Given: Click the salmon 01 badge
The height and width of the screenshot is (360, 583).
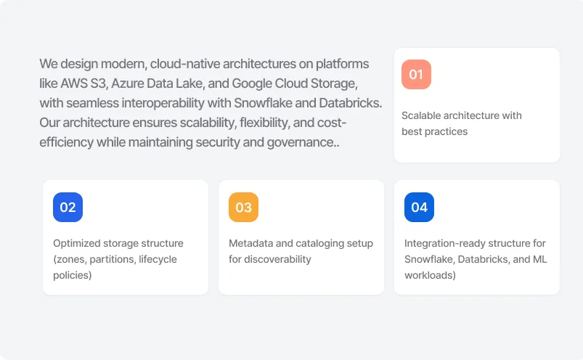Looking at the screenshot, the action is (x=416, y=74).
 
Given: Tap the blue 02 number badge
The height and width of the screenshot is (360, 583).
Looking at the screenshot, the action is (x=68, y=207).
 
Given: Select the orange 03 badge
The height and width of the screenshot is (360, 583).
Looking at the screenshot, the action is (x=243, y=207).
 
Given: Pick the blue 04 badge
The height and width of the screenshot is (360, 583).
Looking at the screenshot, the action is (x=419, y=207).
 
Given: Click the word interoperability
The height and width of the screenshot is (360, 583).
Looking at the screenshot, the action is (x=163, y=103).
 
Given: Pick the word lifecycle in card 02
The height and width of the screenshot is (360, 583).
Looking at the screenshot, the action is (x=158, y=259).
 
